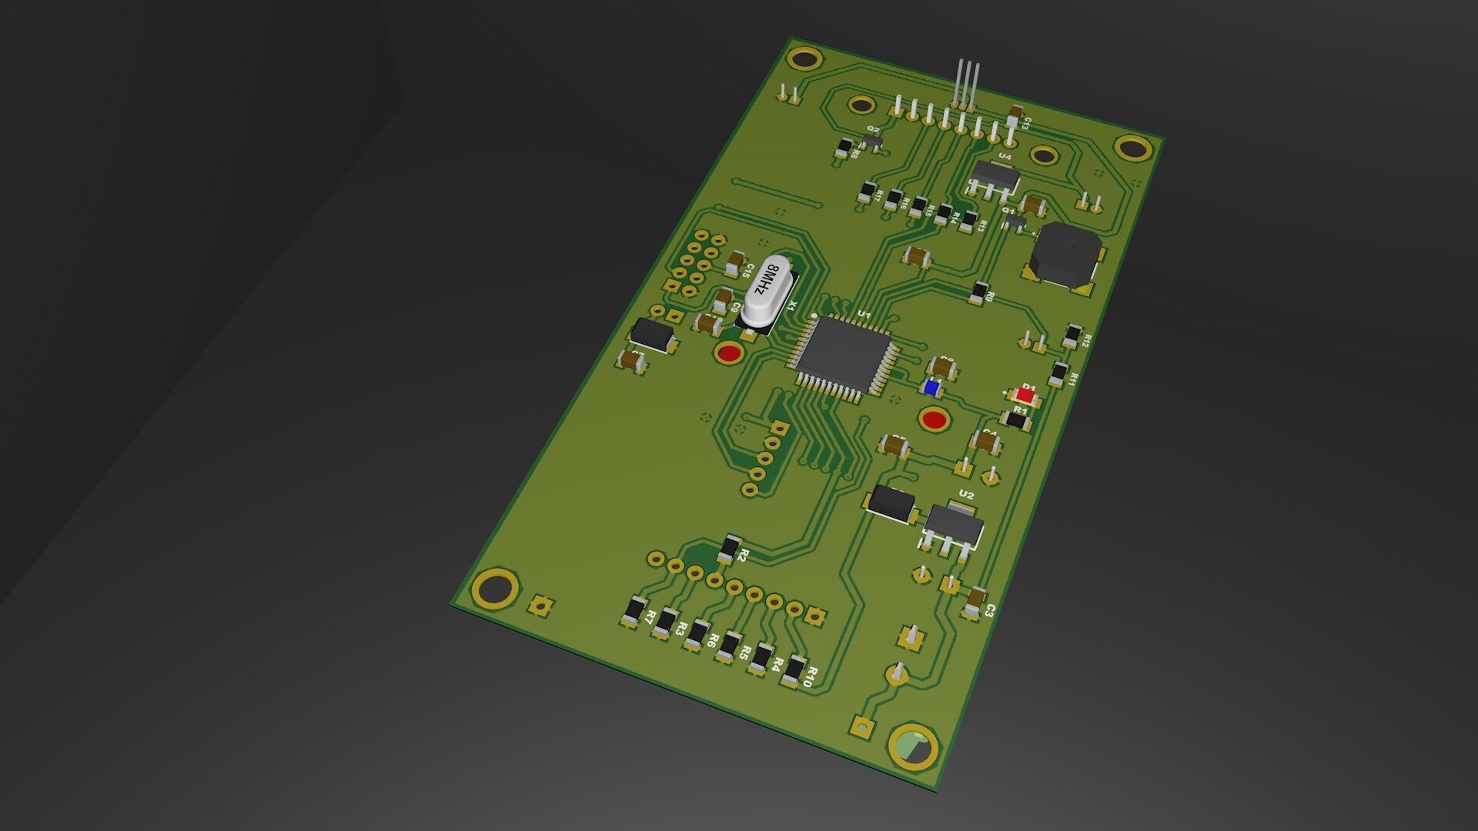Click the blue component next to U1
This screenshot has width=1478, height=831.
coord(931,389)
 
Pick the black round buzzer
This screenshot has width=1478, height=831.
coord(1065,255)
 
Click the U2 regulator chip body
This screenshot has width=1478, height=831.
coord(953,526)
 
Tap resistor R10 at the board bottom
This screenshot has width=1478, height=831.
coord(794,671)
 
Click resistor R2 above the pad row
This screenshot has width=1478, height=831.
coord(728,549)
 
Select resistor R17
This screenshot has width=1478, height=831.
coord(868,191)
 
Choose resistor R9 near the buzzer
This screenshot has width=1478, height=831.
coord(979,292)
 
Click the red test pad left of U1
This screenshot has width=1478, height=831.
coord(728,354)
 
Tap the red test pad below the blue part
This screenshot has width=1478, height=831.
coord(935,419)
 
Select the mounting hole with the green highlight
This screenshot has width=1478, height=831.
coord(913,746)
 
